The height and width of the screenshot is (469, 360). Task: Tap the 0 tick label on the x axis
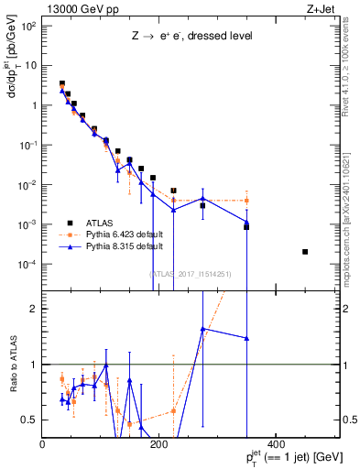pyautogui.click(x=43, y=444)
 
